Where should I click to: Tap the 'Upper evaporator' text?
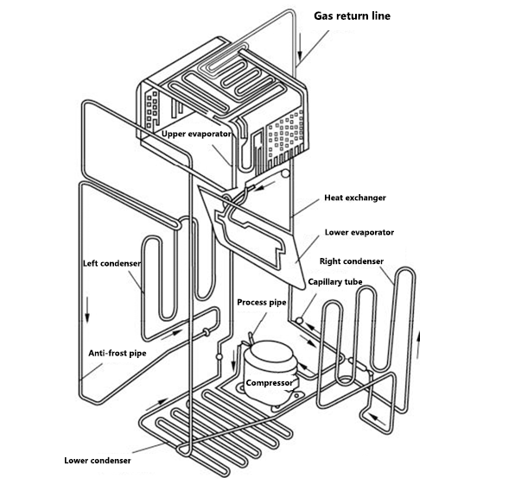coord(195,134)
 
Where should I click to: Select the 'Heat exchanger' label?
coord(354,198)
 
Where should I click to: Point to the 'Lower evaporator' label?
coord(359,232)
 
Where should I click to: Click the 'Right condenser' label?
coord(351,261)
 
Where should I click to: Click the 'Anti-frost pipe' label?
coord(118,353)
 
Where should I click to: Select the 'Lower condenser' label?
coord(98,460)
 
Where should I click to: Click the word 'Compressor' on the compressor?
coord(271,382)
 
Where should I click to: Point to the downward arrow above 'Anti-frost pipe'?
coord(88,310)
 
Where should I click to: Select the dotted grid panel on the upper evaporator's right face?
coord(288,135)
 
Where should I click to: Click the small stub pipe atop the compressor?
coord(250,338)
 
